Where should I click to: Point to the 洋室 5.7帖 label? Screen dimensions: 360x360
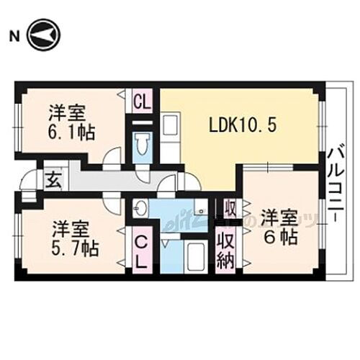point(74,239)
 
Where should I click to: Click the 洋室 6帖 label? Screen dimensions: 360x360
point(279,225)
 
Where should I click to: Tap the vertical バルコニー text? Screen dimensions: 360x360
point(334,181)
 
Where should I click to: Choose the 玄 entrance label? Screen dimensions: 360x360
point(53,179)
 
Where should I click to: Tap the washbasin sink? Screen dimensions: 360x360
point(140,210)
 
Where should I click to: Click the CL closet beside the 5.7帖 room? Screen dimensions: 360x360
point(141,250)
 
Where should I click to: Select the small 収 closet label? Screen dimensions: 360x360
point(228,209)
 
